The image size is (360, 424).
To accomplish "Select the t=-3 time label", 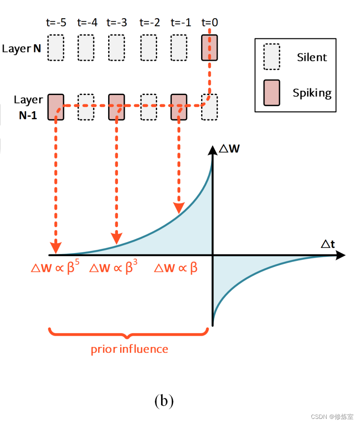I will pos(117,22).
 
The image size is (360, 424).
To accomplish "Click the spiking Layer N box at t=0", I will pos(209,48).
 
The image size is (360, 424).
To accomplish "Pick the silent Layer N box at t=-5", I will pos(55,48).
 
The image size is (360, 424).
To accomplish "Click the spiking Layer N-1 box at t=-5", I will pos(55,107).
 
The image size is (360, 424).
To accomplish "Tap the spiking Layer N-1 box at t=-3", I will pos(117,107).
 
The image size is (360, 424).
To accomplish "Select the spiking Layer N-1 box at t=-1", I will pos(179,107).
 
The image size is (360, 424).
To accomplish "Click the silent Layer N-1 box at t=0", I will pos(209,107).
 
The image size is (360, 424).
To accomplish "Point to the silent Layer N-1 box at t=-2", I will pos(148,107).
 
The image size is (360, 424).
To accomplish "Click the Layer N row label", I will pos(21,49).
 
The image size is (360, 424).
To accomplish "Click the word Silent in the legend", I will pos(312,57).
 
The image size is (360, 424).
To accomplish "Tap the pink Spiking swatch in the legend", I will pos(271,92).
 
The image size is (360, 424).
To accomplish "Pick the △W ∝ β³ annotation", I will pos(113,268).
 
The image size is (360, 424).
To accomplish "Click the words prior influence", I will pos(129,349).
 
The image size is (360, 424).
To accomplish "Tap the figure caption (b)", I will pos(164,401).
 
